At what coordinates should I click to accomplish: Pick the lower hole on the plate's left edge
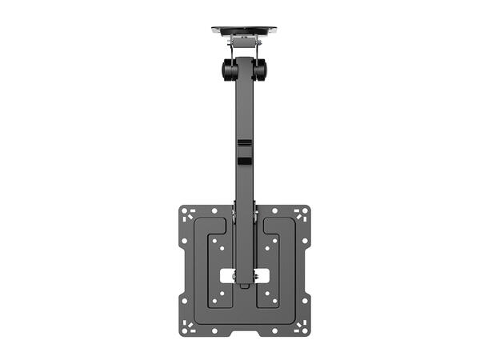pyautogui.click(x=184, y=302)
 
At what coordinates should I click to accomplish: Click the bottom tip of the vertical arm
pyautogui.click(x=244, y=283)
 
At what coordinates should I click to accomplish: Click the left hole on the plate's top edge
pyautogui.click(x=214, y=210)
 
